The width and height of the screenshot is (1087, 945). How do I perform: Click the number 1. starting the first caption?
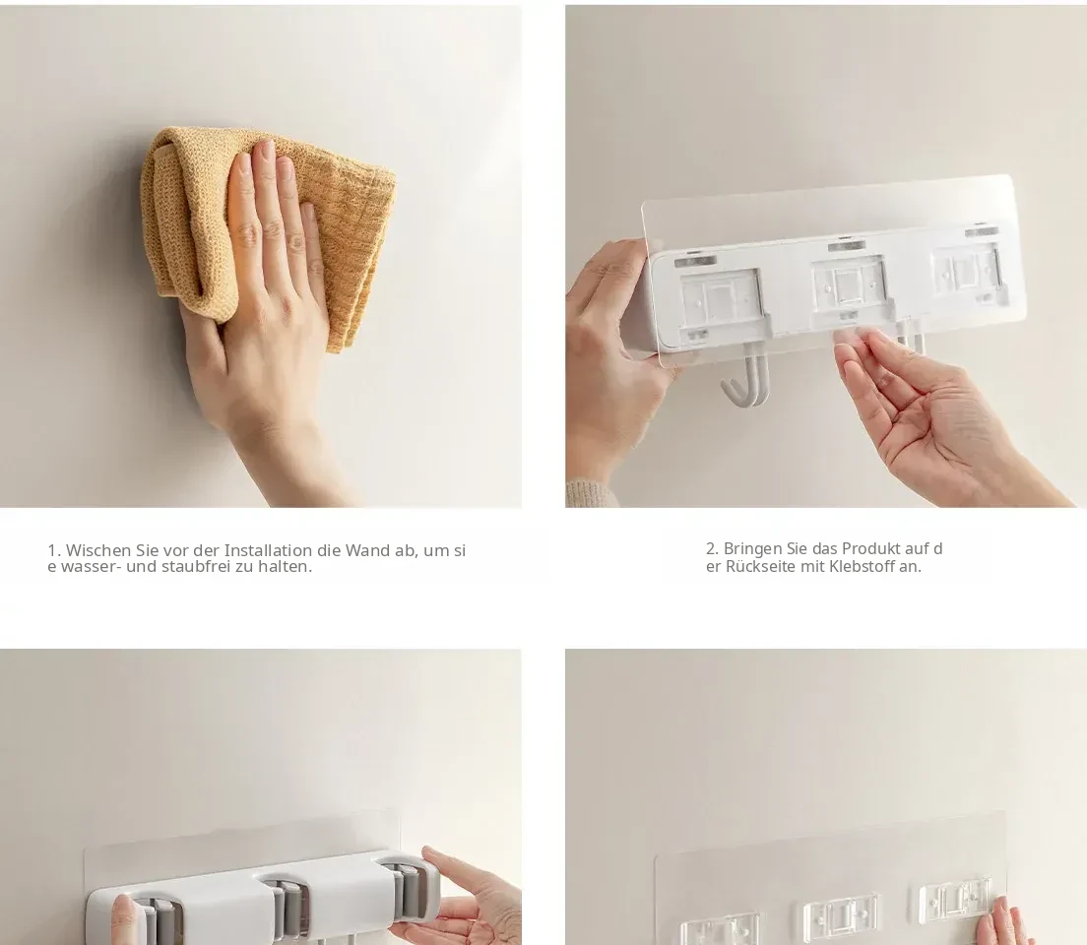pyautogui.click(x=54, y=550)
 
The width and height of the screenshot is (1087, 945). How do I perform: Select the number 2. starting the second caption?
pyautogui.click(x=713, y=548)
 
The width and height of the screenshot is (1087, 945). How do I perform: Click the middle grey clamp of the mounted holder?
pyautogui.click(x=286, y=909)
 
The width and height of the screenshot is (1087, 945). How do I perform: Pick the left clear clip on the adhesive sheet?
pyautogui.click(x=718, y=931)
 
